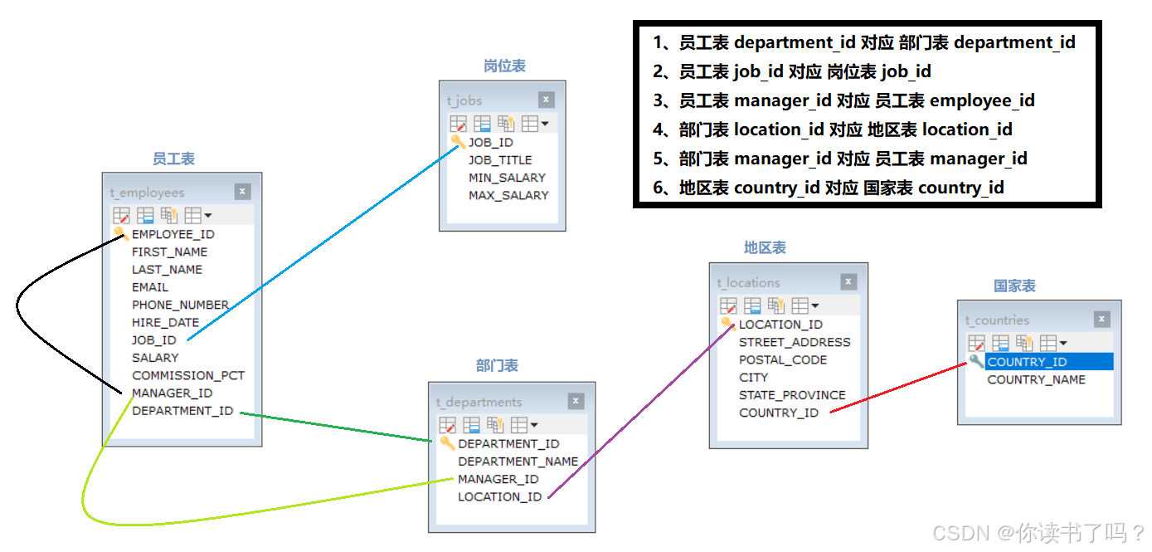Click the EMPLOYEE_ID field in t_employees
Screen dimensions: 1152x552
point(173,234)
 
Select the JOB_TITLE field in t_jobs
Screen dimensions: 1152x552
point(500,160)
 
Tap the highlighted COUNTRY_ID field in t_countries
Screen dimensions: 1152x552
point(1027,362)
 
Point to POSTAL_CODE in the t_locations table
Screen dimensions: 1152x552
point(782,360)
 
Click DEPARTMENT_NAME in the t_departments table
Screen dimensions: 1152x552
point(518,462)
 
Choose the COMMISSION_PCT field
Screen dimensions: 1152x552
point(188,375)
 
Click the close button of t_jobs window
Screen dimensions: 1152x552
point(546,100)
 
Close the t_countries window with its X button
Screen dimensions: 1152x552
point(1101,319)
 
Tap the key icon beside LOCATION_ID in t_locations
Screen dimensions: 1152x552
point(727,324)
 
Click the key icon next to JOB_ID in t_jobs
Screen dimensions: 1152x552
point(458,142)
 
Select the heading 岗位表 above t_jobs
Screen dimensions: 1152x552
point(504,66)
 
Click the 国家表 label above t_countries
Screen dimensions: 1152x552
point(1014,286)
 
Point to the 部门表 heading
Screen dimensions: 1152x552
point(497,365)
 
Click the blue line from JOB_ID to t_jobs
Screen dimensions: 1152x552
point(323,241)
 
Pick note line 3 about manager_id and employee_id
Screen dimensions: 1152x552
point(843,100)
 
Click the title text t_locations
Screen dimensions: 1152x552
point(748,283)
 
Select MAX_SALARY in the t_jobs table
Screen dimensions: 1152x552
point(508,195)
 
